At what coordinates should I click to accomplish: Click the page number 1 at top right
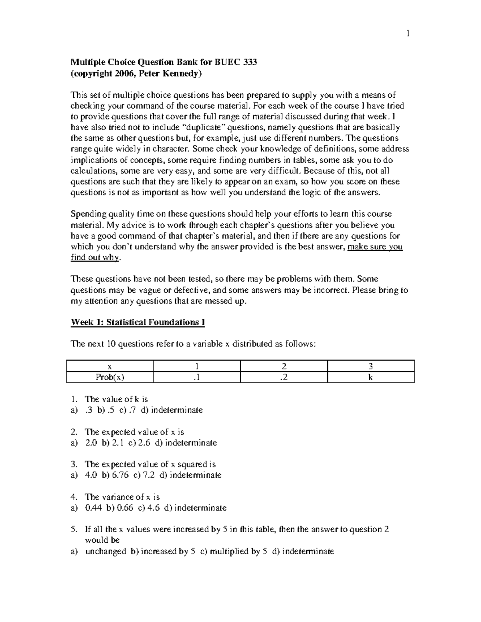tap(408, 34)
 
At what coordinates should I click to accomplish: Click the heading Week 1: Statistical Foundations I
tap(138, 322)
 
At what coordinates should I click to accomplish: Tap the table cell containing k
tap(371, 377)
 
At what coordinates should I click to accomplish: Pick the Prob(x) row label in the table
tap(110, 377)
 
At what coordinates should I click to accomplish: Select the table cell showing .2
tap(284, 377)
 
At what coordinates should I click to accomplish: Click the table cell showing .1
tap(196, 377)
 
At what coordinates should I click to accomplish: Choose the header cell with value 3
tap(371, 366)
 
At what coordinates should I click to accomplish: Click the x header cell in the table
tap(110, 366)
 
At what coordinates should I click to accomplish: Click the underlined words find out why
tap(95, 258)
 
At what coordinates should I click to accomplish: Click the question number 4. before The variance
tap(74, 497)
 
